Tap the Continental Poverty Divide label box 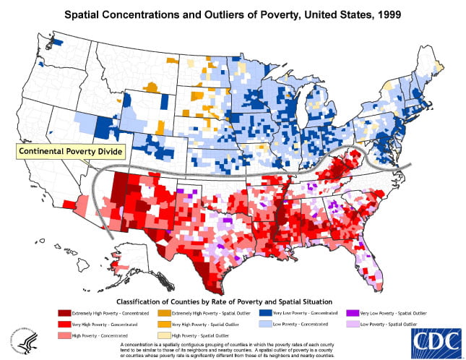click(x=69, y=152)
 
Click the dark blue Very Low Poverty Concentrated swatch click(x=266, y=313)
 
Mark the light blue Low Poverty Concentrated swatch click(x=266, y=325)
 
